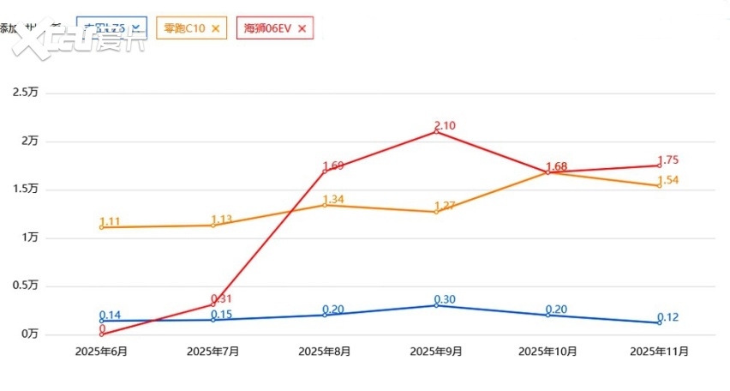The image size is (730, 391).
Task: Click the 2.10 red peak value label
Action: tap(446, 125)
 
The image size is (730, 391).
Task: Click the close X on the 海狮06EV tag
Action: tap(301, 28)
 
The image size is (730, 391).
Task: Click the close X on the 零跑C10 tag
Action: tap(215, 28)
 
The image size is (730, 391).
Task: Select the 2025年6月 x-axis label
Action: tap(101, 352)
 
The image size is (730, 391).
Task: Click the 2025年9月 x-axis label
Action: tap(436, 352)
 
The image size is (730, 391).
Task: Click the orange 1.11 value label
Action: tap(111, 221)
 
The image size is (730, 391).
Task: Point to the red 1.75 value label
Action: tap(668, 160)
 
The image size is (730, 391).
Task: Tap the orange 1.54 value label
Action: tap(668, 180)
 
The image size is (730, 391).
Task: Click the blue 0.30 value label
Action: tap(446, 299)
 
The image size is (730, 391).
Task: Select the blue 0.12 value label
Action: tap(668, 317)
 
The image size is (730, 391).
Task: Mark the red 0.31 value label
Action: tap(222, 298)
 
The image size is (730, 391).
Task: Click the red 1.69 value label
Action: tap(333, 165)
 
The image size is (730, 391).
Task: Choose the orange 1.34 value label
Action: tap(333, 200)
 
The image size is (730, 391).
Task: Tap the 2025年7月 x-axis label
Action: tap(212, 352)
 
